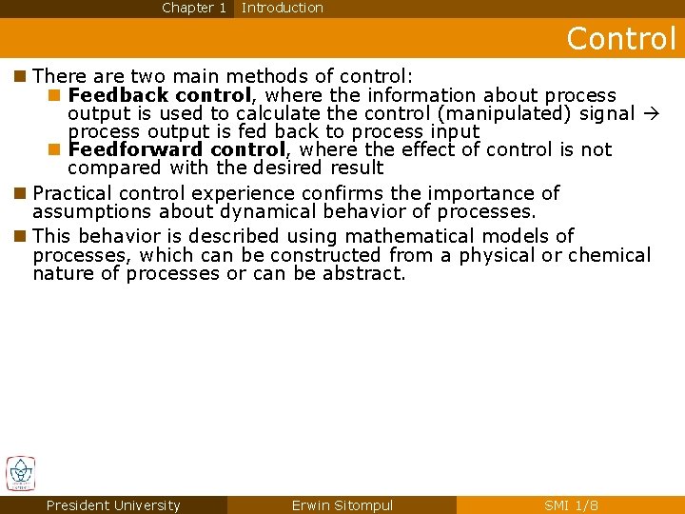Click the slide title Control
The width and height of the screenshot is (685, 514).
[x=621, y=38]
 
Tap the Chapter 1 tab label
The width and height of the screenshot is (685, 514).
[x=194, y=8]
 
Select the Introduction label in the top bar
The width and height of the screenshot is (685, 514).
[x=283, y=8]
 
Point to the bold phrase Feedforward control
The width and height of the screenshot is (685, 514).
[x=177, y=149]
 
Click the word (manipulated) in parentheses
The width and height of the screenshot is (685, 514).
[x=515, y=113]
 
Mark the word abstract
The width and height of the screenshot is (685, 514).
[x=364, y=273]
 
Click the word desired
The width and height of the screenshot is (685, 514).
[x=285, y=168]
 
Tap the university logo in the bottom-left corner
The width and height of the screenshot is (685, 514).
[x=20, y=473]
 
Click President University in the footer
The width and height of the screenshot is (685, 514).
[x=113, y=505]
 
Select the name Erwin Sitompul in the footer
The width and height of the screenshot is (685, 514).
[x=342, y=505]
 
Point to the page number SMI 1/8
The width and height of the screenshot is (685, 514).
[x=571, y=505]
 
